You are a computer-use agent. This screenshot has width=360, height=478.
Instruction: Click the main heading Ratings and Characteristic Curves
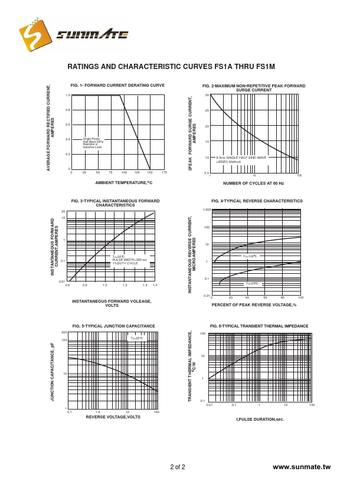[171, 67]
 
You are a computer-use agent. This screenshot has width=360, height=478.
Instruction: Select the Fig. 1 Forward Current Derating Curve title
[117, 86]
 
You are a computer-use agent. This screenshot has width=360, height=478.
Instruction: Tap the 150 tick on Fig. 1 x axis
[150, 172]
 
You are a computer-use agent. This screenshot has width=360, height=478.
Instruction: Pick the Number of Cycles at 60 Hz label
[253, 184]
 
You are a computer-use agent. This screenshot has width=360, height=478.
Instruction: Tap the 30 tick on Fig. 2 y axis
[207, 95]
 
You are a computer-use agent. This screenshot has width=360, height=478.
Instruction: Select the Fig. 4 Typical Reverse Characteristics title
[257, 201]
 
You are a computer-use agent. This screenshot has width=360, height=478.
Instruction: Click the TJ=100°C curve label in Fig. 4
[250, 256]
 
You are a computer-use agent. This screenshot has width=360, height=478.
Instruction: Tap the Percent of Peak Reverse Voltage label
[254, 305]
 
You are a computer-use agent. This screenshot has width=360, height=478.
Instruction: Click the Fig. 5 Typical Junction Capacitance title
[114, 326]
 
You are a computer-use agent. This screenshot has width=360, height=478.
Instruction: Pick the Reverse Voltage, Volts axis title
[113, 417]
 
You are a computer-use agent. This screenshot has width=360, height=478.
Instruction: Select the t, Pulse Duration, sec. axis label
[260, 419]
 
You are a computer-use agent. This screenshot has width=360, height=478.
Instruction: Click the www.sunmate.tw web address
[302, 467]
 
